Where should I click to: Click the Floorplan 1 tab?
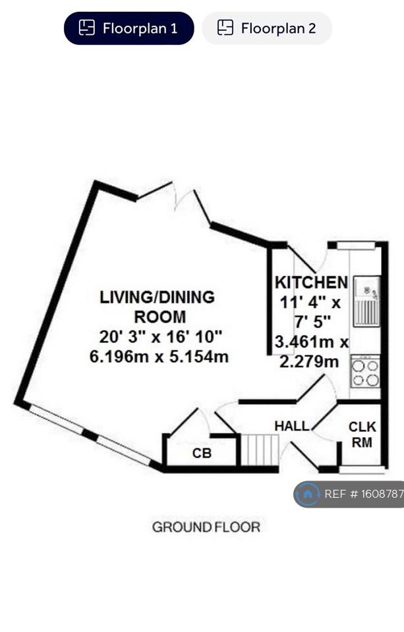click(x=129, y=28)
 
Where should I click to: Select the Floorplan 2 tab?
click(x=267, y=28)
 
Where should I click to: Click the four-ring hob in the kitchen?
click(x=365, y=372)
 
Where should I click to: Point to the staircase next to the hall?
click(x=258, y=450)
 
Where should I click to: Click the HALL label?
click(x=291, y=426)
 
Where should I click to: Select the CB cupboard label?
click(x=201, y=454)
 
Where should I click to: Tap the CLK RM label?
click(x=361, y=434)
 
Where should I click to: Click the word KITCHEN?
click(x=311, y=282)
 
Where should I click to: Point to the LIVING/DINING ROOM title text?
click(x=157, y=306)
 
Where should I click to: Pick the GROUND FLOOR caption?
click(x=206, y=527)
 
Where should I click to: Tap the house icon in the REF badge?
click(x=308, y=494)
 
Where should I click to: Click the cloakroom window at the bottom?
click(x=361, y=469)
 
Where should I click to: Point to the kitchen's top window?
click(x=355, y=246)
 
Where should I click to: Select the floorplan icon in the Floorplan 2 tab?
click(x=225, y=28)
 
